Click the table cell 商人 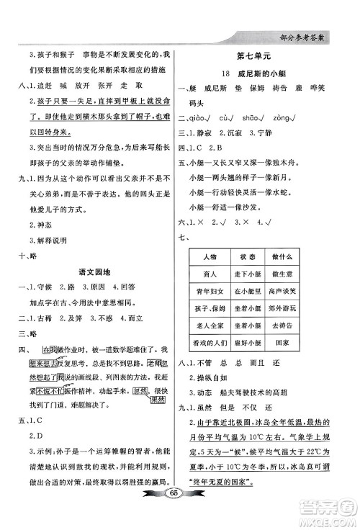(210, 274)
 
